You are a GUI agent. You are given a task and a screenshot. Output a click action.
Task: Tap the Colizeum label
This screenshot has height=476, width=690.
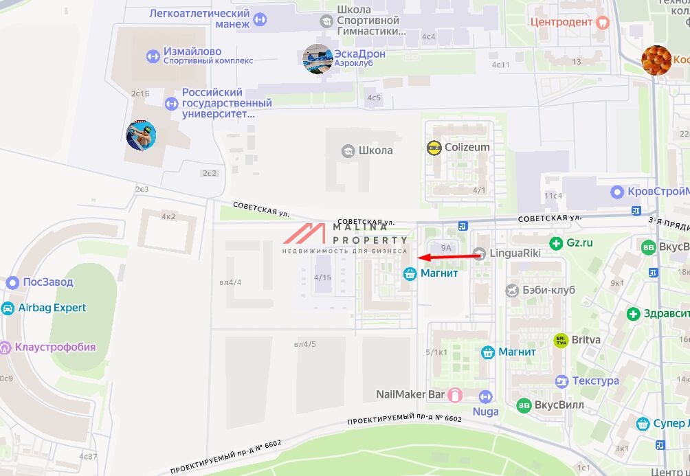pos(467,147)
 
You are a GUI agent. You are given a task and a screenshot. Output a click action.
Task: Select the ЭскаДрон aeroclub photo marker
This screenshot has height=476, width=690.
pos(318,59)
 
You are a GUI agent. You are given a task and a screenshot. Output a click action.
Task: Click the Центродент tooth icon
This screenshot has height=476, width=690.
pos(603,21)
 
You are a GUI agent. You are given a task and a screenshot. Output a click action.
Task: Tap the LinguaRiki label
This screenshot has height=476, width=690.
pos(515,253)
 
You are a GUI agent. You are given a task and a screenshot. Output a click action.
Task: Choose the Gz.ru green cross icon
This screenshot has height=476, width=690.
pos(556,242)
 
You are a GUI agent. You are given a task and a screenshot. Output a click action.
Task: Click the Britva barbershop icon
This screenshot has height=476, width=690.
pos(561,340)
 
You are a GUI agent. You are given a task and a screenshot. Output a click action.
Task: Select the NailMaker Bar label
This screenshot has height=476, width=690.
pos(410,394)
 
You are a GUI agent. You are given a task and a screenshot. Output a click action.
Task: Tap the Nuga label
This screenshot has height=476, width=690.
pos(485,412)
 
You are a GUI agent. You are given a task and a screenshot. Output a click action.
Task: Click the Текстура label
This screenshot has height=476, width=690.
pos(595,381)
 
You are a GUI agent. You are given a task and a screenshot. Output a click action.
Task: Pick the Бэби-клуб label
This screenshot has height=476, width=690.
pos(548,290)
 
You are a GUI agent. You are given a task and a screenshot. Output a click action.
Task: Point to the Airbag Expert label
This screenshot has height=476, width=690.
pos(52,308)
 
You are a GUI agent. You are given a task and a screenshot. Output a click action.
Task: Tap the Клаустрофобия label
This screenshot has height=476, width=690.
pos(57,347)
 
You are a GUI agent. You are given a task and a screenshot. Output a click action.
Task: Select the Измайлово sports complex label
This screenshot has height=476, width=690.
pos(192,52)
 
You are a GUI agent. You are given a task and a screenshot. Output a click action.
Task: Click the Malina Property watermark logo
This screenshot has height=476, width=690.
pos(344,238)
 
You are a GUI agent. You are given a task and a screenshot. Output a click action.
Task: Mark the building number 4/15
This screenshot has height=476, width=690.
pos(322,277)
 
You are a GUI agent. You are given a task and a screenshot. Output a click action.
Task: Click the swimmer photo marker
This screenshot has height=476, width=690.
pos(141,135)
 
